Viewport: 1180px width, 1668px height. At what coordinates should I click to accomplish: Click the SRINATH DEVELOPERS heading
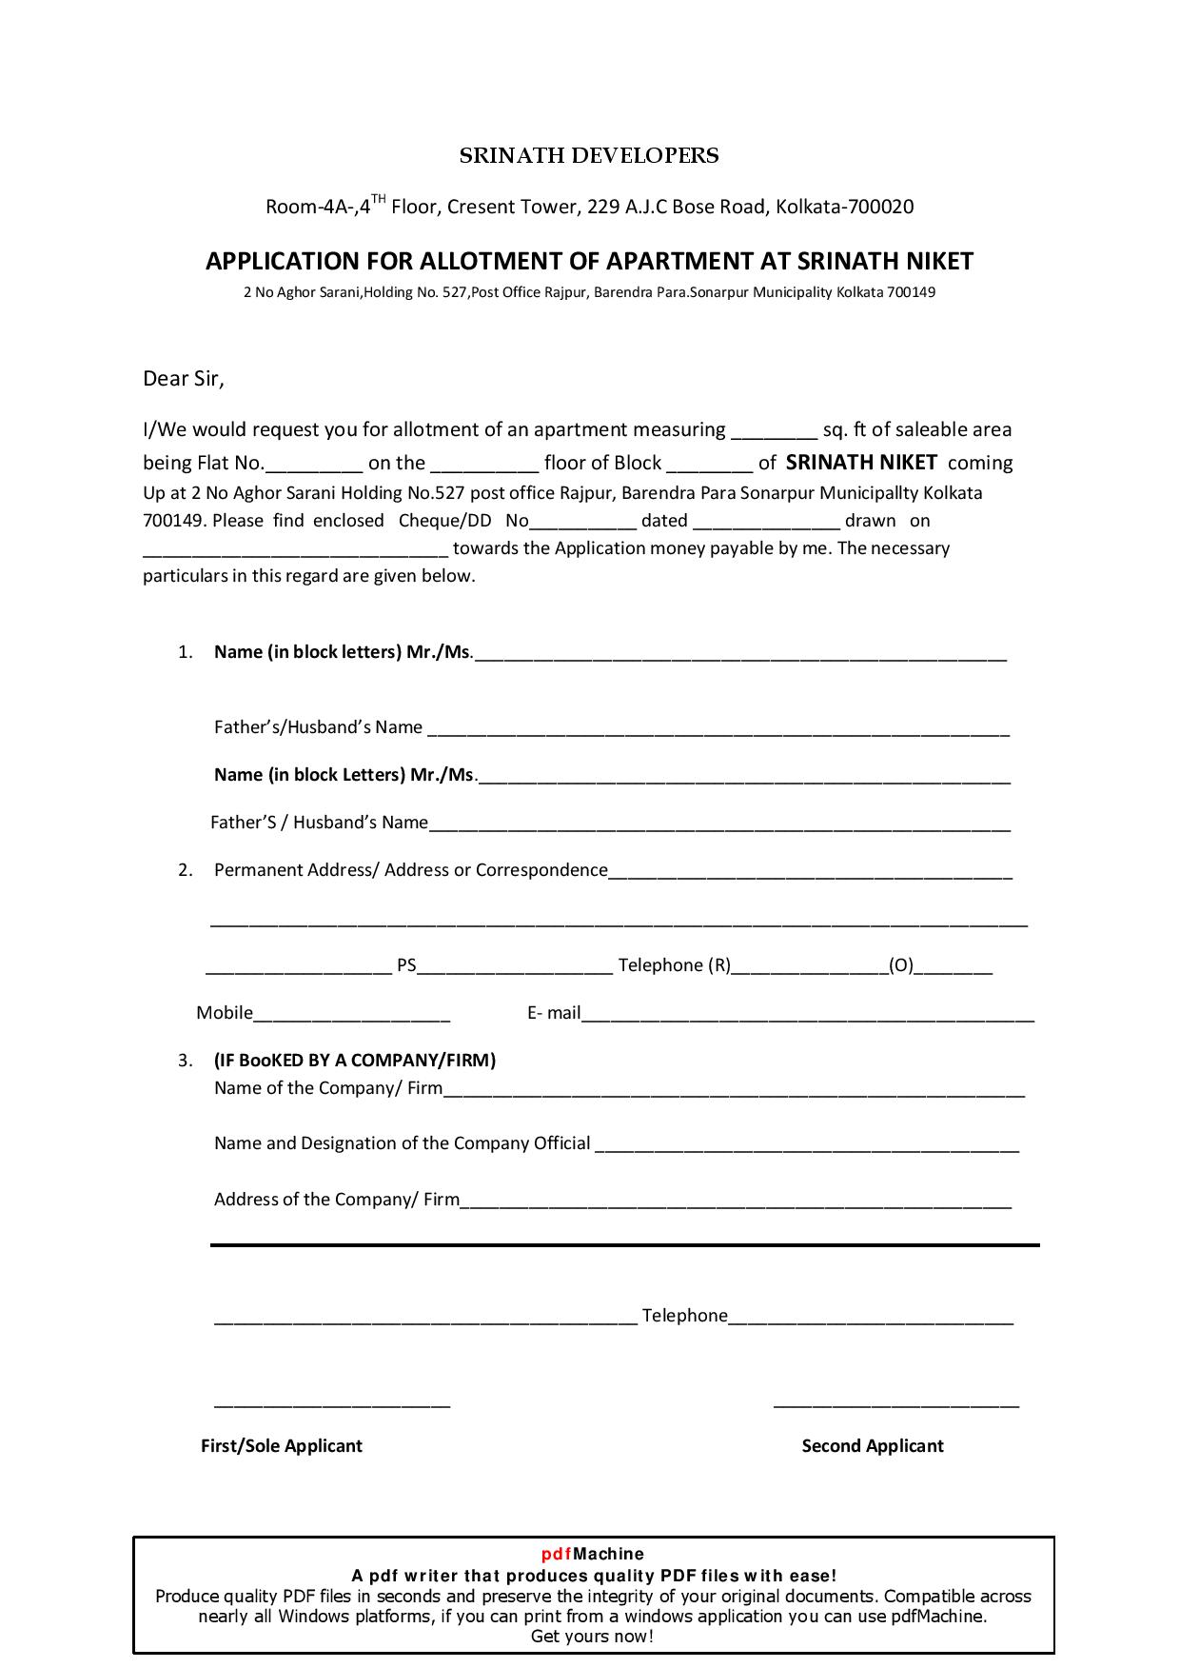point(589,156)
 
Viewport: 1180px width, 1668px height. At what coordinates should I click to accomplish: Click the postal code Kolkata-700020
point(844,207)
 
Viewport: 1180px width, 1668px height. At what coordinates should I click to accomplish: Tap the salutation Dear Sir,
point(183,379)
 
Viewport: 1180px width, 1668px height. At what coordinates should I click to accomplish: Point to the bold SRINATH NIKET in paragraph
point(861,463)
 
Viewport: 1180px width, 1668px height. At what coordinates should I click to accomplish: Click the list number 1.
point(186,652)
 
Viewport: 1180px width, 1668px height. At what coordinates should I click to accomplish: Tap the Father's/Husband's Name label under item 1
point(318,727)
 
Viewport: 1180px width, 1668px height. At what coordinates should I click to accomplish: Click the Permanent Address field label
point(410,870)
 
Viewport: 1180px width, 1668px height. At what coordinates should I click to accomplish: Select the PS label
point(406,965)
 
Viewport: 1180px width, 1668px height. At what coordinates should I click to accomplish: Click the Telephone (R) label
point(674,965)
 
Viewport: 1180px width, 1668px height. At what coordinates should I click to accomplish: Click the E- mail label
point(554,1013)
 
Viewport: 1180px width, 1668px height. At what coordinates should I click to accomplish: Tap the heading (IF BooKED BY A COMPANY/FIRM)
point(355,1061)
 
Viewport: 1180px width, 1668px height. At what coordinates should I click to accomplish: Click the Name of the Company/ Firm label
point(328,1088)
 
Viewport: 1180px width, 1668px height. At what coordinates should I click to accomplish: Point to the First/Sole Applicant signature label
point(282,1446)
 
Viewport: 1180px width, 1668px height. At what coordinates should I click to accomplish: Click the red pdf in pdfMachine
point(557,1555)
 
